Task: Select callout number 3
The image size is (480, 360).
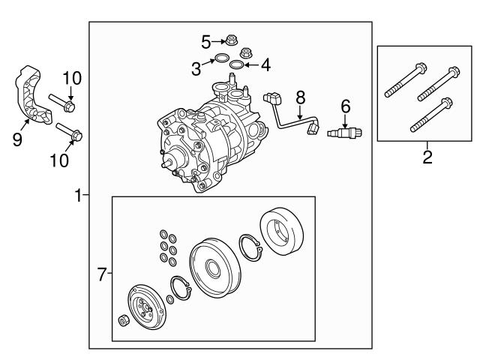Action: [196, 69]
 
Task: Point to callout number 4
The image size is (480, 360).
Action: [266, 65]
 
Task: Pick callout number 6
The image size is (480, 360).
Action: [345, 106]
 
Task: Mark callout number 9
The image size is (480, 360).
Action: [17, 139]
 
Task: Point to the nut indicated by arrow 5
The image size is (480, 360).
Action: [232, 40]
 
